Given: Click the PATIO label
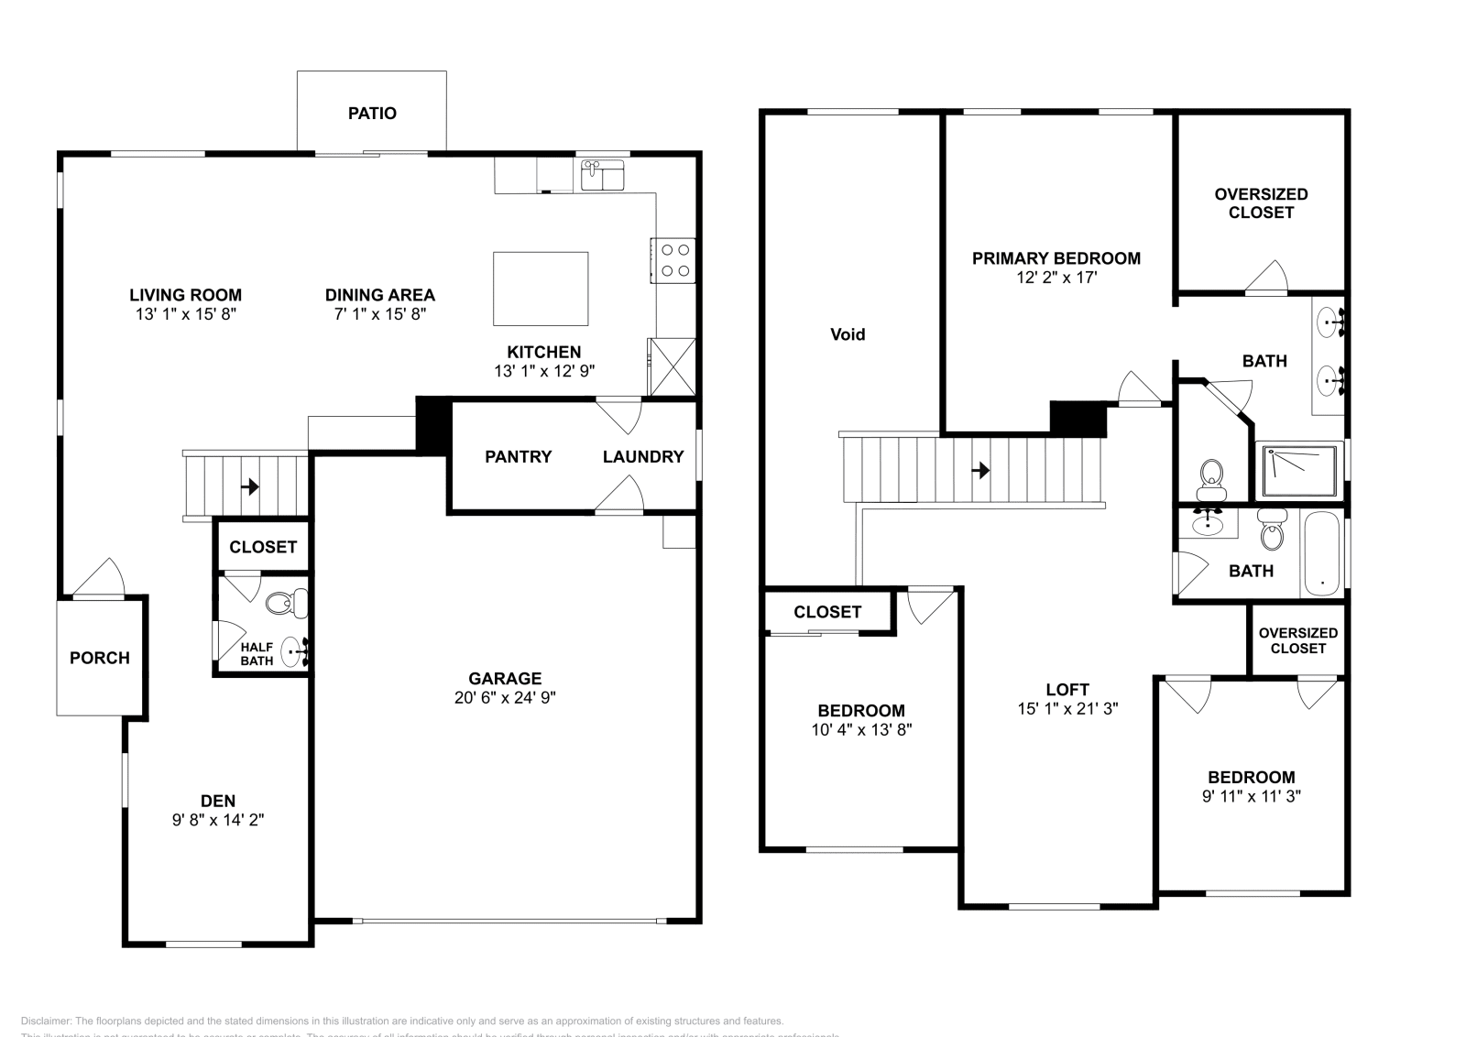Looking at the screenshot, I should pos(372,114).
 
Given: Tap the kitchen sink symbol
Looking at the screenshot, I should pos(602,174).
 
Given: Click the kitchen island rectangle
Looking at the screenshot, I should pos(541,289).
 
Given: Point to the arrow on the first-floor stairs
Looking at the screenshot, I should pos(249,486).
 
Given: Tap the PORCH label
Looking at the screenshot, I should pos(100,658).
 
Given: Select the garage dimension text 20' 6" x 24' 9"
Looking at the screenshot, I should pos(505,697).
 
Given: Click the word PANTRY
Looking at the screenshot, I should pos(518,456).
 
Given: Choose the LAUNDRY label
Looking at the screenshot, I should pos(643,456).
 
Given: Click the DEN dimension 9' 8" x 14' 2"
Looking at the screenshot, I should pos(218,820).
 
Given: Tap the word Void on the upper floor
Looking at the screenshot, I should pos(848,334).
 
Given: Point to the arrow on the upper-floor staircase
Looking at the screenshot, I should pos(980,470).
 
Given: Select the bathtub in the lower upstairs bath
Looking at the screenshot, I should pos(1322,554).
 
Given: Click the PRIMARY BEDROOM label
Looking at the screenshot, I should pos(1056,258).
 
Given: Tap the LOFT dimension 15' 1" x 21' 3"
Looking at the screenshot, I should pos(1067,708).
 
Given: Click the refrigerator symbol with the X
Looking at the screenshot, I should pos(672,366).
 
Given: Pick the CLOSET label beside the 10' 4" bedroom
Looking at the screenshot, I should pos(827,612).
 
